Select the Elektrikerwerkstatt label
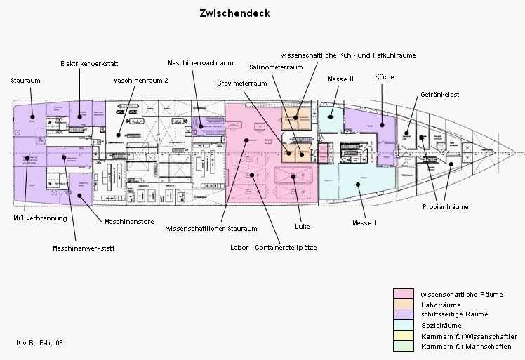(x=84, y=62)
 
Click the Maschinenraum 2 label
(x=140, y=81)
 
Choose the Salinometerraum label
(x=276, y=67)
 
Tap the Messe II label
(x=340, y=79)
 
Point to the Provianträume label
(x=445, y=207)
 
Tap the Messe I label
(x=364, y=222)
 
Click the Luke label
(x=303, y=227)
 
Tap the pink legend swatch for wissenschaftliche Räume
(x=403, y=293)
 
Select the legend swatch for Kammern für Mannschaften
(x=403, y=347)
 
